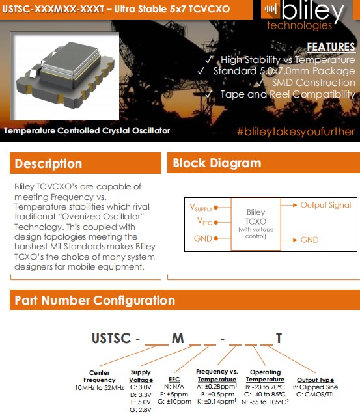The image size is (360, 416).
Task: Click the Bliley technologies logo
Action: (310, 16)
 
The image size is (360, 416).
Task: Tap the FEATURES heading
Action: (331, 48)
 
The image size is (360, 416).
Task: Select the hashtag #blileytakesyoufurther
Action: (296, 132)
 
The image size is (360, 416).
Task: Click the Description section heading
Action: (48, 163)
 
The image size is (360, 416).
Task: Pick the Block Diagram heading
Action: (217, 163)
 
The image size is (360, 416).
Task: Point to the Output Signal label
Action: (325, 205)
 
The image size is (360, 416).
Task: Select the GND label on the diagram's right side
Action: (309, 240)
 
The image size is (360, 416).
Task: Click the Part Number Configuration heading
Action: (94, 300)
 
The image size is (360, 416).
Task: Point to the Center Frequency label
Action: (99, 376)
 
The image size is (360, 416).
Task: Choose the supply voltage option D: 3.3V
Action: (141, 395)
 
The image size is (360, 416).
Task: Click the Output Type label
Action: (315, 380)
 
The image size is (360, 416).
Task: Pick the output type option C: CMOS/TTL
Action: (315, 395)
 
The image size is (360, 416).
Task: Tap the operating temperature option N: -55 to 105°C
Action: (266, 402)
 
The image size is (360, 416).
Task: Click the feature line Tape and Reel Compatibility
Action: (287, 94)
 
